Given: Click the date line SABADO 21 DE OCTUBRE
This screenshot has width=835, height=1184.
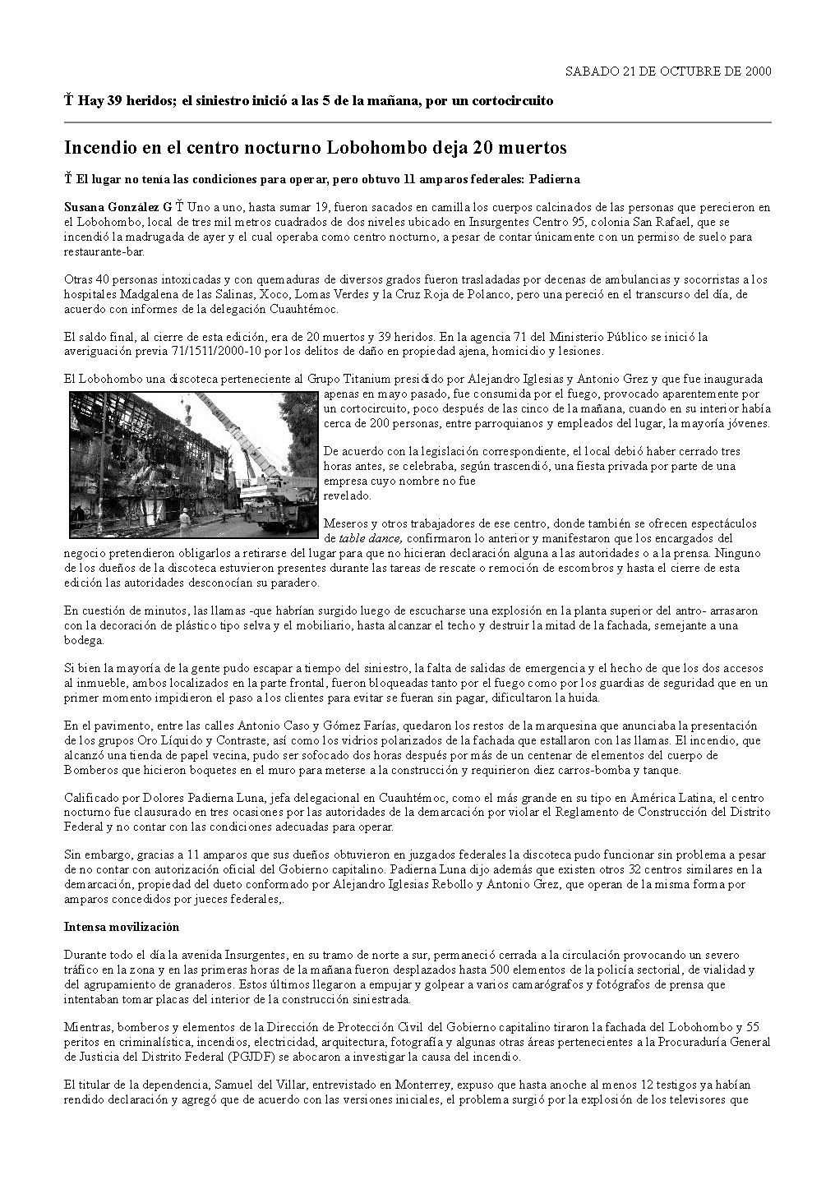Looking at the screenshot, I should tap(668, 71).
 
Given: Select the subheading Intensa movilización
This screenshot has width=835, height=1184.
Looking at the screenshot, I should tap(122, 926).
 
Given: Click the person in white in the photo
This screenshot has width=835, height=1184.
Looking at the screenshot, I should tap(188, 519).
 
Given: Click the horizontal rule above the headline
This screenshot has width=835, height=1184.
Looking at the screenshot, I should tap(417, 122).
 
